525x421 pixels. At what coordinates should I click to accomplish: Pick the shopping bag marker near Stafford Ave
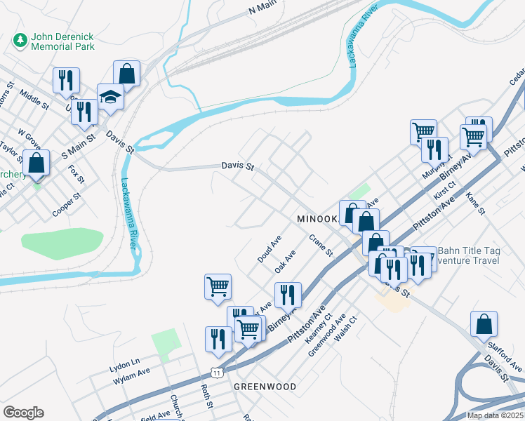click(x=484, y=324)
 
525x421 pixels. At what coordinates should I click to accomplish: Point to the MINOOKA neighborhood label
click(x=317, y=218)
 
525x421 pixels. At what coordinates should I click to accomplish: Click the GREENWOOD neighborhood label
click(x=265, y=387)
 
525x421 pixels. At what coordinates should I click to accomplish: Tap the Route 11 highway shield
click(x=218, y=372)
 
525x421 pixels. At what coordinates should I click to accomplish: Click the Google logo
click(x=23, y=413)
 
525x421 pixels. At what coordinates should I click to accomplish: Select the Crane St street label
click(x=320, y=246)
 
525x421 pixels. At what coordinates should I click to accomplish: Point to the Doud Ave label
click(x=270, y=249)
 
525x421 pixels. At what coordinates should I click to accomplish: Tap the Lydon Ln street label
click(x=125, y=368)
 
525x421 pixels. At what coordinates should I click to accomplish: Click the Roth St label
click(x=206, y=396)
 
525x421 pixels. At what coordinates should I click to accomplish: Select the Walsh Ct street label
click(x=347, y=328)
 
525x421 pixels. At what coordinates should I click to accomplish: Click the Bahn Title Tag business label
click(x=465, y=250)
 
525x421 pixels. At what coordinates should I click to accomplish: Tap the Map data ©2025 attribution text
click(x=495, y=415)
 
